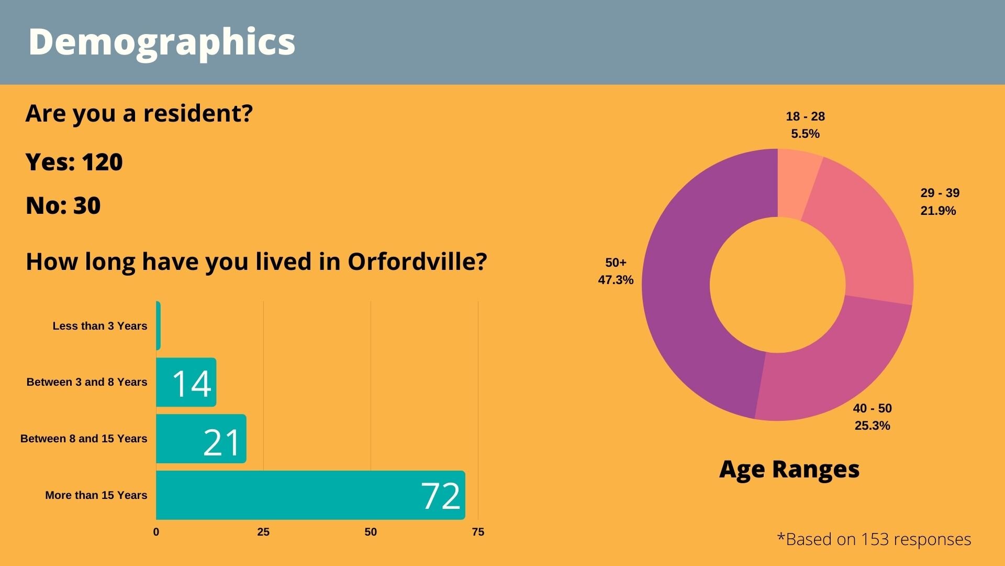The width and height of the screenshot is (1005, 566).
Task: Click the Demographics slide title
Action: (x=161, y=42)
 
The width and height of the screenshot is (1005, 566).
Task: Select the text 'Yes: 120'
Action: (x=74, y=162)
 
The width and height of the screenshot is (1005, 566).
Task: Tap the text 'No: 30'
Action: (x=63, y=205)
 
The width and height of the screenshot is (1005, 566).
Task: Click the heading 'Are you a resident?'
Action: (x=139, y=113)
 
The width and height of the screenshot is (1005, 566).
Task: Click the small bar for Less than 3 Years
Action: (x=158, y=325)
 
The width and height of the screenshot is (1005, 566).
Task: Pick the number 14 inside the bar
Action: (x=192, y=383)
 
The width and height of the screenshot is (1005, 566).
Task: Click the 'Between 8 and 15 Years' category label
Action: (x=84, y=439)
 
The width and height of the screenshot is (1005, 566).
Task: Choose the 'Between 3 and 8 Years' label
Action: (x=87, y=382)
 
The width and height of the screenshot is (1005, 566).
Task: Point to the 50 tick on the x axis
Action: (x=371, y=532)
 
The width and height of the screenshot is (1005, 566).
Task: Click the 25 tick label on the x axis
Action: (x=263, y=532)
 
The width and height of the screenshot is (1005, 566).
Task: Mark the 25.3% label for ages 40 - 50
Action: (x=872, y=426)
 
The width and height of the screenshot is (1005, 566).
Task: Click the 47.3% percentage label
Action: (x=616, y=280)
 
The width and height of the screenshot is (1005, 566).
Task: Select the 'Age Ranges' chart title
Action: (x=789, y=469)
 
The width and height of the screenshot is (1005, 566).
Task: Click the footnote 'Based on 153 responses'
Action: (x=874, y=539)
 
